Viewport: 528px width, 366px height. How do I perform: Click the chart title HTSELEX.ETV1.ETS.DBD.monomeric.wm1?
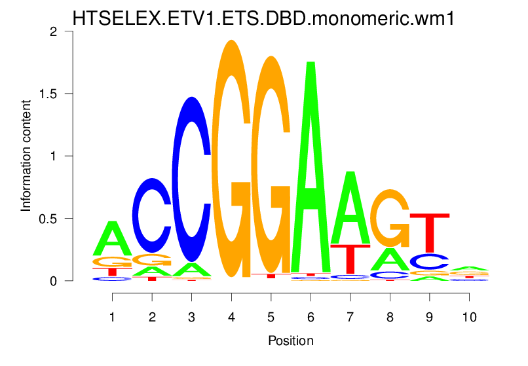[x=263, y=18]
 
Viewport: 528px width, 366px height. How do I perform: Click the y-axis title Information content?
[x=26, y=155]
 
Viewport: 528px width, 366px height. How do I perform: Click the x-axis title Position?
[x=290, y=341]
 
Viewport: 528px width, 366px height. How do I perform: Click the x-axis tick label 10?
[x=469, y=315]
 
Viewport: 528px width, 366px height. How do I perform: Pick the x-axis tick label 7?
[x=350, y=315]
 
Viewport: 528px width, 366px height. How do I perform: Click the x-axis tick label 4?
[x=231, y=315]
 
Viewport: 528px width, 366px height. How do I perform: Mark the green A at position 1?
[x=113, y=240]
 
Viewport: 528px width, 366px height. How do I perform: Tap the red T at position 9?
[x=430, y=232]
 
